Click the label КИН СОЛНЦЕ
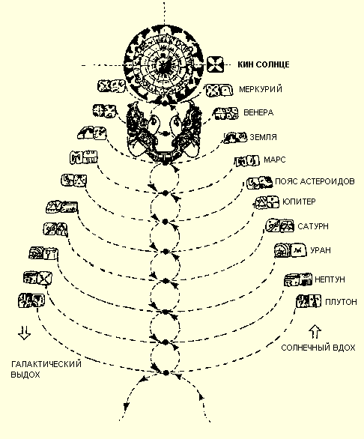tap(264, 64)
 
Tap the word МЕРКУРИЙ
tap(261, 89)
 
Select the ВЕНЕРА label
tap(258, 112)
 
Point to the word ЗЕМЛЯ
tap(263, 137)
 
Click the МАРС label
tap(274, 160)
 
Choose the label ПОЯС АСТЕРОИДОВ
tap(315, 181)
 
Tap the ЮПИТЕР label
tap(299, 202)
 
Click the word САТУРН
tap(313, 226)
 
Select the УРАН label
tap(321, 250)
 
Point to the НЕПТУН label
tap(330, 279)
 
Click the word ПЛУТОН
tap(341, 302)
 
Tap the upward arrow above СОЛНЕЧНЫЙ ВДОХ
tap(315, 332)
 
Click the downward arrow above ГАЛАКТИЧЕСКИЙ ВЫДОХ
tap(25, 333)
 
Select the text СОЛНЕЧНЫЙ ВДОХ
tap(318, 348)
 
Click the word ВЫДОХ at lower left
tap(25, 375)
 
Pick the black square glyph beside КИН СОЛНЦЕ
tap(215, 64)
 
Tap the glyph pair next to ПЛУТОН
tap(309, 301)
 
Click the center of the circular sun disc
tap(164, 64)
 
